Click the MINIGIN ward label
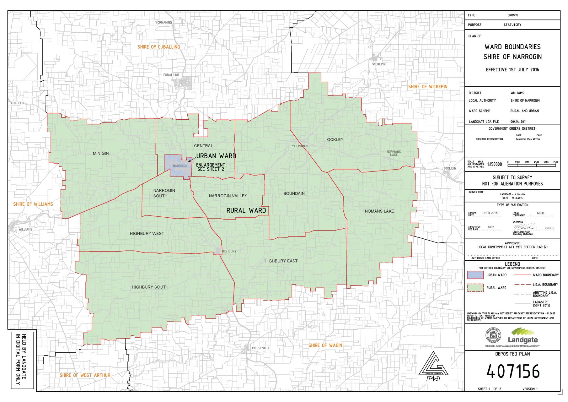click(101, 153)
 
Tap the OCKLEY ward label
click(335, 139)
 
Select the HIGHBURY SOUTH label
click(150, 287)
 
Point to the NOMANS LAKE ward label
click(379, 211)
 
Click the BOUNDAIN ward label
click(294, 193)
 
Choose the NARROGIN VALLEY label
click(228, 196)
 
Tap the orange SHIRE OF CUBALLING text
click(159, 47)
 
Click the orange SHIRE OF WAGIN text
click(325, 345)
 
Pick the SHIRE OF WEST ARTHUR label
click(85, 375)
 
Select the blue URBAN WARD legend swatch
click(475, 275)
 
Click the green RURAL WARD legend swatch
click(475, 288)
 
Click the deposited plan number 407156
click(513, 372)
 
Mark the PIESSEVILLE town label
click(260, 348)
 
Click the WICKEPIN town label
click(379, 64)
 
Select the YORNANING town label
click(163, 23)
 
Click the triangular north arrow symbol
click(433, 367)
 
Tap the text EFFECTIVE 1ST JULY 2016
click(512, 70)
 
